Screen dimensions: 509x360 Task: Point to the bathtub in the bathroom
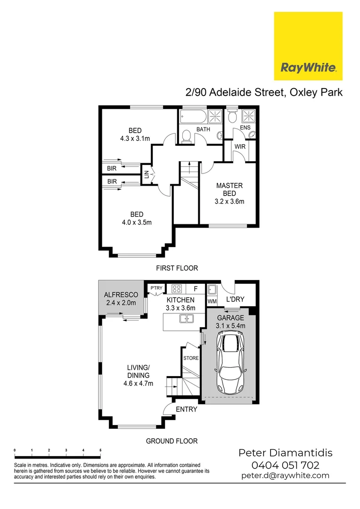pyautogui.click(x=192, y=116)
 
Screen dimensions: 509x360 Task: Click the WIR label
pyautogui.click(x=240, y=147)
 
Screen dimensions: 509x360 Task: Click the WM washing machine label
pyautogui.click(x=212, y=300)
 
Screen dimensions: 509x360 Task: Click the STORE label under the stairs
pyautogui.click(x=191, y=358)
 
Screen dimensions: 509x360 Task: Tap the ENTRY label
pyautogui.click(x=186, y=410)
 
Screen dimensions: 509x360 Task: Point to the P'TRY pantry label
pyautogui.click(x=155, y=288)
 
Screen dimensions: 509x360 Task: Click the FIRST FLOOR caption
pyautogui.click(x=177, y=268)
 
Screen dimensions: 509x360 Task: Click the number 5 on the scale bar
pyautogui.click(x=100, y=451)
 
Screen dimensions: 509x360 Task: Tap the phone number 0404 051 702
pyautogui.click(x=286, y=465)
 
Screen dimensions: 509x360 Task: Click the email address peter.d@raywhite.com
pyautogui.click(x=286, y=476)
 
